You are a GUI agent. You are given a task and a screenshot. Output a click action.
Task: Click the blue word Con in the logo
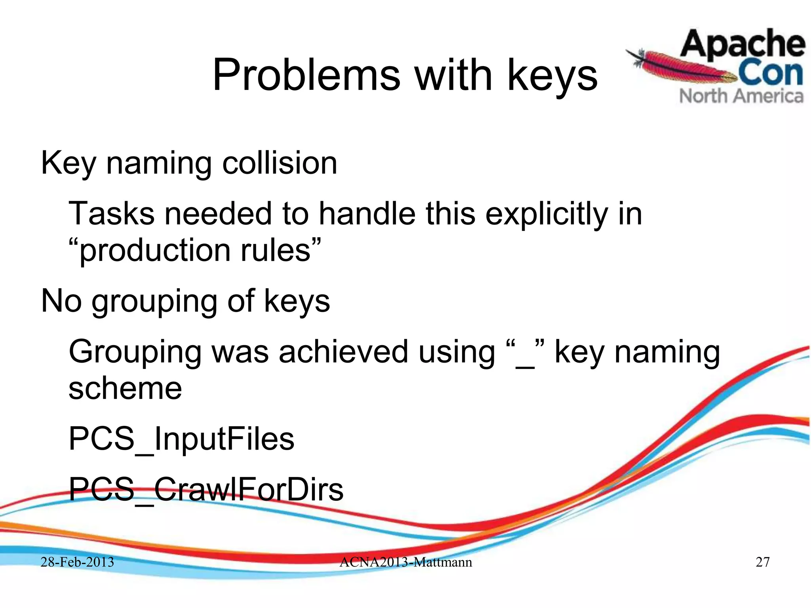point(770,74)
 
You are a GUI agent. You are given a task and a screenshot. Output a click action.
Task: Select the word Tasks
point(111,213)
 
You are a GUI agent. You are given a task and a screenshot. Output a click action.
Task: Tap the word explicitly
point(546,214)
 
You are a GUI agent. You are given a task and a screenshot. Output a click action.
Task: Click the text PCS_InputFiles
point(181,439)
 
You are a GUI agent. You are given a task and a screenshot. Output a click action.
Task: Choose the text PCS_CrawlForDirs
point(206,490)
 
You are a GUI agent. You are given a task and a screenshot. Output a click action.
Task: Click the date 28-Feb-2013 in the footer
point(77,562)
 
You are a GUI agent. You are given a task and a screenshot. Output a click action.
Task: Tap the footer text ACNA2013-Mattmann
point(405,562)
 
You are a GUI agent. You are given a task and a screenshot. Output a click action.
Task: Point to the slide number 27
point(763,562)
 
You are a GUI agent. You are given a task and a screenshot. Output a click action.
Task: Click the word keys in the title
point(552,75)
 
